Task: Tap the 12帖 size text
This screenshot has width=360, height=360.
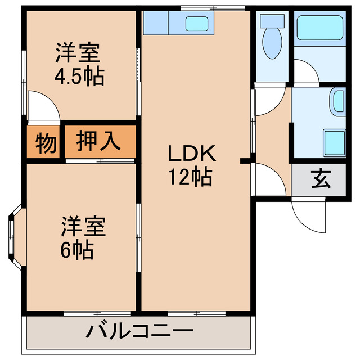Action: coord(191,178)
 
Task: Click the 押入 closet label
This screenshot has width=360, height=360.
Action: coord(99,141)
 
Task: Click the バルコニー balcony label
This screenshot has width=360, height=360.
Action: coord(139,331)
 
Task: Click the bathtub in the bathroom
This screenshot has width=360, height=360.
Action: coord(319,26)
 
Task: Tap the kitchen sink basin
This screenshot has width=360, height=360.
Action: coord(197,24)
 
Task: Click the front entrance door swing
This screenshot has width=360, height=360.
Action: coord(307,214)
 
